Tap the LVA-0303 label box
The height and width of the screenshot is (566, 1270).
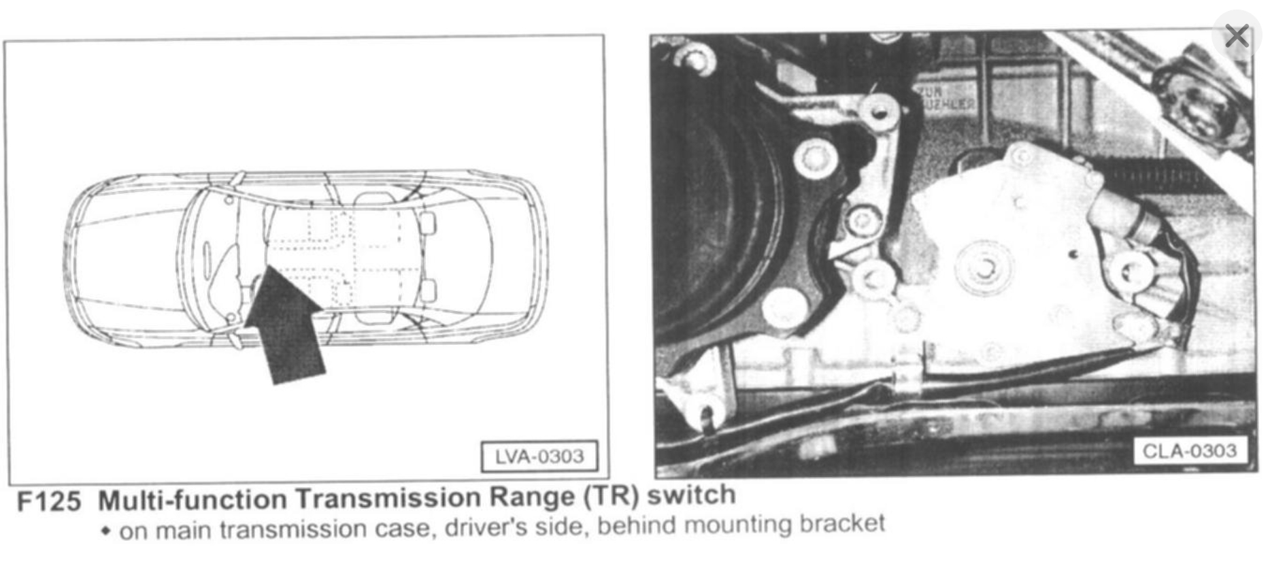tap(539, 456)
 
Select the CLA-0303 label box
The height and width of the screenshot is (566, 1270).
tap(1190, 451)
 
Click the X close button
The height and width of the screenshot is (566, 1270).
tap(1236, 35)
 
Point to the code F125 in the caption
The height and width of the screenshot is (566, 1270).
tap(49, 502)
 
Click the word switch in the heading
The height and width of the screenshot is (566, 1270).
tap(691, 495)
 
